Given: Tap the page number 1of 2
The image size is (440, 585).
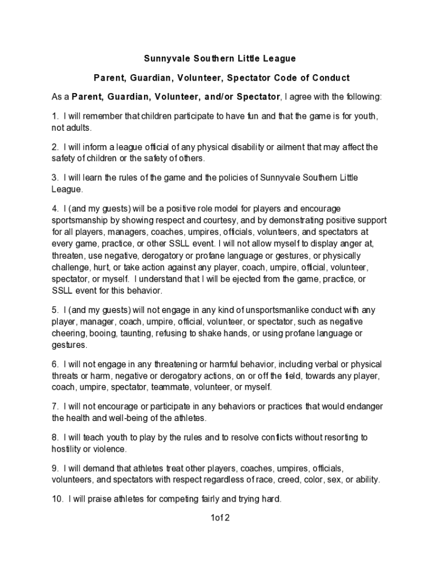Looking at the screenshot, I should point(220,519).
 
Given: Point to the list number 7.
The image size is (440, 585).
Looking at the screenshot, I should point(54,406).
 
